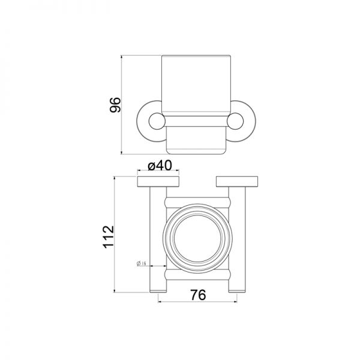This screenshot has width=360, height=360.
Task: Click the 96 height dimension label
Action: coord(115,105)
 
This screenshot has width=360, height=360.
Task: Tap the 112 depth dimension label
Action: coord(109,237)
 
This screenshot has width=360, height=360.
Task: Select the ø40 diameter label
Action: coord(160,166)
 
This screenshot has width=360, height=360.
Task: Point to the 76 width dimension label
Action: coord(198,295)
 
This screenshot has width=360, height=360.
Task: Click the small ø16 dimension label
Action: coord(142,263)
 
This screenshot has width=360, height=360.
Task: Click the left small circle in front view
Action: coord(157,121)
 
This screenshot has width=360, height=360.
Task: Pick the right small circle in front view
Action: coord(235,121)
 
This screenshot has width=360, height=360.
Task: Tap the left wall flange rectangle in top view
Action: coord(158,182)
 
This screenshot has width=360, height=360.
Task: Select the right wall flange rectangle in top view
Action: coord(237,182)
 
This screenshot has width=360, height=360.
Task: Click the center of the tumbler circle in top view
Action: coord(197,239)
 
